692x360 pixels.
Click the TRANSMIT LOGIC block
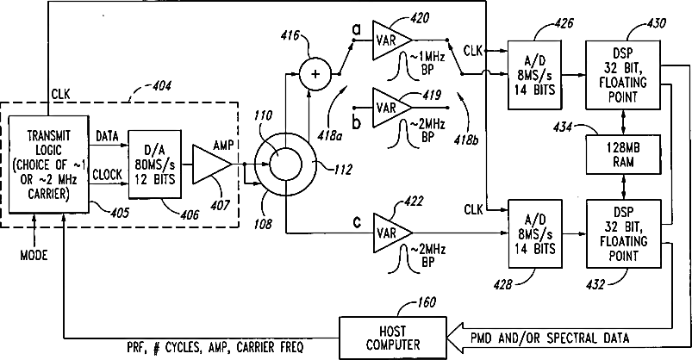[48, 164]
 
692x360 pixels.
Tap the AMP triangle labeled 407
[212, 164]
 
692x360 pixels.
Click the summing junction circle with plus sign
[315, 74]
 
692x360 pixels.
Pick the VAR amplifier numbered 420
[392, 40]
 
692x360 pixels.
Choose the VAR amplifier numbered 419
[392, 107]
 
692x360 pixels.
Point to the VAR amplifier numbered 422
[393, 233]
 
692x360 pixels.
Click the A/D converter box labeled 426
[534, 75]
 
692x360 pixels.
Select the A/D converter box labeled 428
[535, 233]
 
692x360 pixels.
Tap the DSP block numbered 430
[623, 75]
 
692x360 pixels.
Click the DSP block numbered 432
[624, 233]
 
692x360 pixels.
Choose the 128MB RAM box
[623, 154]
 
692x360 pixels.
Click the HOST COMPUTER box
[393, 338]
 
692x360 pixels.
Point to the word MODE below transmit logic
[34, 255]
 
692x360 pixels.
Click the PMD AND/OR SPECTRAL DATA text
[550, 338]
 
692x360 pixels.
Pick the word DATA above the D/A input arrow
[107, 136]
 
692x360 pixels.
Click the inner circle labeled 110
[285, 164]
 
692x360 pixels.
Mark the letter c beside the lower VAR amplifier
[357, 222]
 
